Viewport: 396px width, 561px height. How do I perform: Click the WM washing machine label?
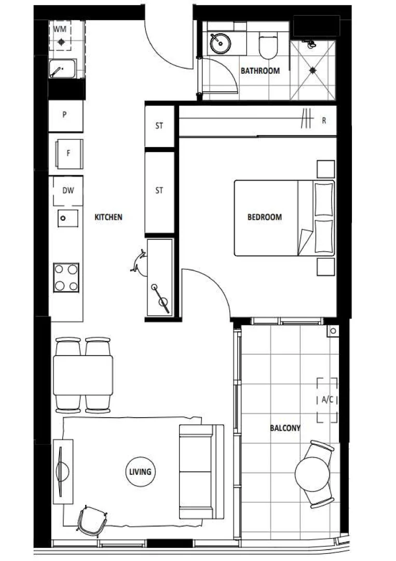click(61, 29)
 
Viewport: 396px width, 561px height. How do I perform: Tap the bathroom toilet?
click(269, 46)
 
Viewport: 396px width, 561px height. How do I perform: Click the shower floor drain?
click(313, 70)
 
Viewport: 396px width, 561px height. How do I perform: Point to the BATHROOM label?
click(260, 71)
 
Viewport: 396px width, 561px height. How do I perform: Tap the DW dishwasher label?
click(68, 191)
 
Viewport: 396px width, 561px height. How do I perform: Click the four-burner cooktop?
click(66, 277)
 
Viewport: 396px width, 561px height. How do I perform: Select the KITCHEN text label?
click(108, 217)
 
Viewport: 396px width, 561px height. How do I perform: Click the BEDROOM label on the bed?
click(265, 217)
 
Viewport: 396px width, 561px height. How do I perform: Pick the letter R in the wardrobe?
click(324, 121)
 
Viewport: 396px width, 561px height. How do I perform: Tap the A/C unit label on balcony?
click(327, 400)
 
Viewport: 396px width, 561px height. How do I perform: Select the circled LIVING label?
click(141, 472)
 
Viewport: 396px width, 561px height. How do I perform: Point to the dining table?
click(83, 375)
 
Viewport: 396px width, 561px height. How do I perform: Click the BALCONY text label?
click(285, 428)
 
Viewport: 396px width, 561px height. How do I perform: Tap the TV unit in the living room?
click(62, 472)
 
